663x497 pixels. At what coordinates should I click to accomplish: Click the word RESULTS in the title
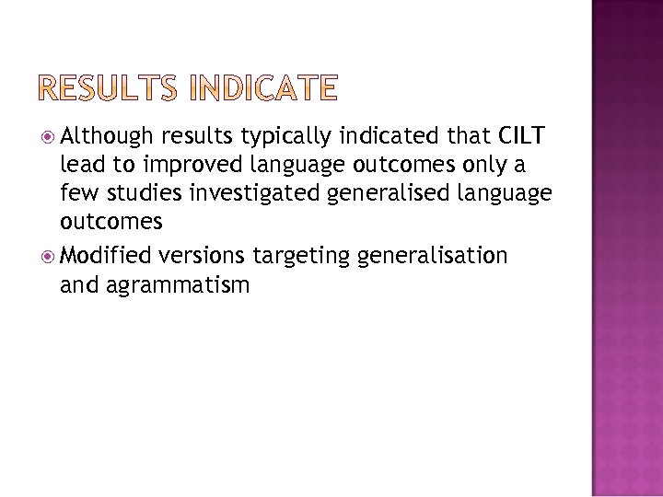pyautogui.click(x=112, y=89)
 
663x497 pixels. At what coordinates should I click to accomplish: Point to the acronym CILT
pyautogui.click(x=521, y=137)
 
